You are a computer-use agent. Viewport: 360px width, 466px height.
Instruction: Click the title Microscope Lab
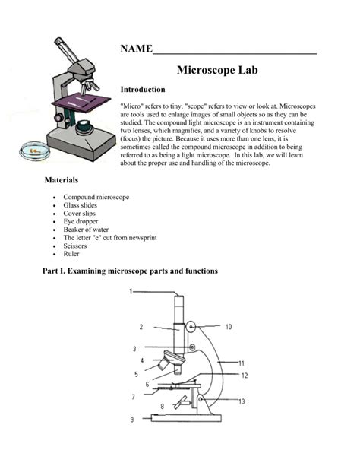tap(219, 70)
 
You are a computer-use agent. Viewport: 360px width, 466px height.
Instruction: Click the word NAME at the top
tap(136, 49)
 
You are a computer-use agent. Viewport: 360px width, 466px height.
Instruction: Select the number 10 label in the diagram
tap(228, 327)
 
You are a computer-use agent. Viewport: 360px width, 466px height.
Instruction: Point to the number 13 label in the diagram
tap(242, 401)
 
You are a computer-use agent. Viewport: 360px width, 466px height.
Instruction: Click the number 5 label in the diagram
tap(136, 374)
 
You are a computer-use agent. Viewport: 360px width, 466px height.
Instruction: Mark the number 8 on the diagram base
tap(162, 407)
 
